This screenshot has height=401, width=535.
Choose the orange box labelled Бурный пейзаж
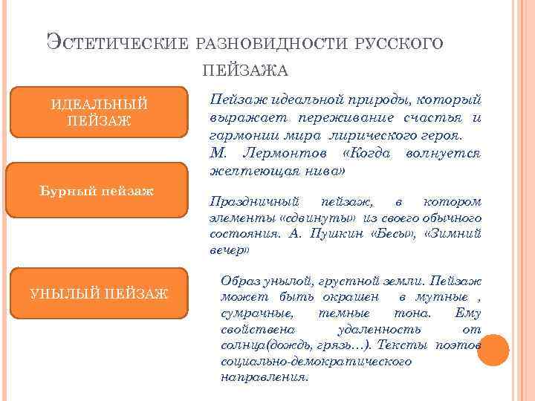point(97,191)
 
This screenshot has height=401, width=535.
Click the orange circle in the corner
point(493,351)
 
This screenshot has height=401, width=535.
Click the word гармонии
point(239,136)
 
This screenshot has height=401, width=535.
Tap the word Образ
point(242,281)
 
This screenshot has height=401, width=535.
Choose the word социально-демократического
point(316,361)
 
